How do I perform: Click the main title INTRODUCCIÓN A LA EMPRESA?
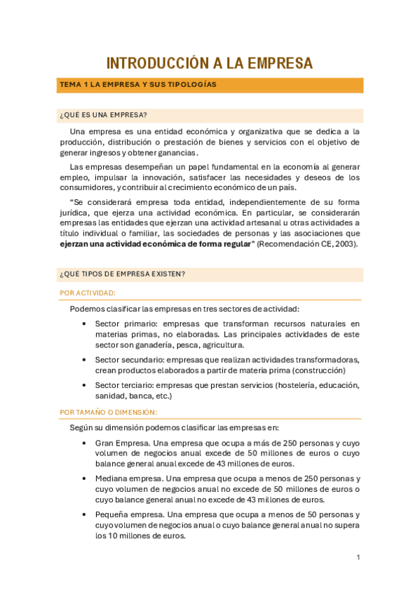[210, 63]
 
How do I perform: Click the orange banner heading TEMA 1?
[137, 85]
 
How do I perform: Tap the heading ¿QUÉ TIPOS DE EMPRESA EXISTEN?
[122, 274]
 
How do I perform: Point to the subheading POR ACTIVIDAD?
[88, 293]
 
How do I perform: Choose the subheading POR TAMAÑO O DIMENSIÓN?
[109, 412]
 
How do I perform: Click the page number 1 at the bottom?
[358, 557]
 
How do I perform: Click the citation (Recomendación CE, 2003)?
[308, 244]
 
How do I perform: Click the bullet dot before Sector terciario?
[84, 385]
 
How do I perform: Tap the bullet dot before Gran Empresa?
[84, 443]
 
